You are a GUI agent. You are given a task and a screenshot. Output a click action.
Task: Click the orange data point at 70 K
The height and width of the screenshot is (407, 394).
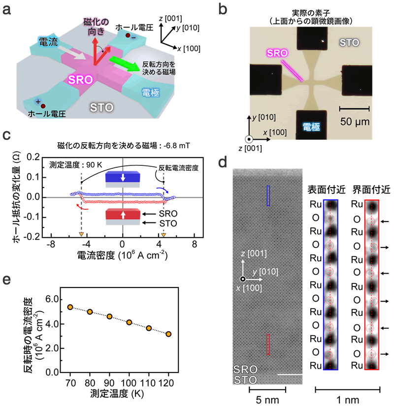[70, 307]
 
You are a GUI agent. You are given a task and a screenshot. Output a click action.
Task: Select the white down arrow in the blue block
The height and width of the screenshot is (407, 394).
[123, 176]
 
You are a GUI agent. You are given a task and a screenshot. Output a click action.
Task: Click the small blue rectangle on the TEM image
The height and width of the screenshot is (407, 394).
[268, 195]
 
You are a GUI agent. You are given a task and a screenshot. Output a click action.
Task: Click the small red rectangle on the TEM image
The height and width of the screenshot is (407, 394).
[268, 344]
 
